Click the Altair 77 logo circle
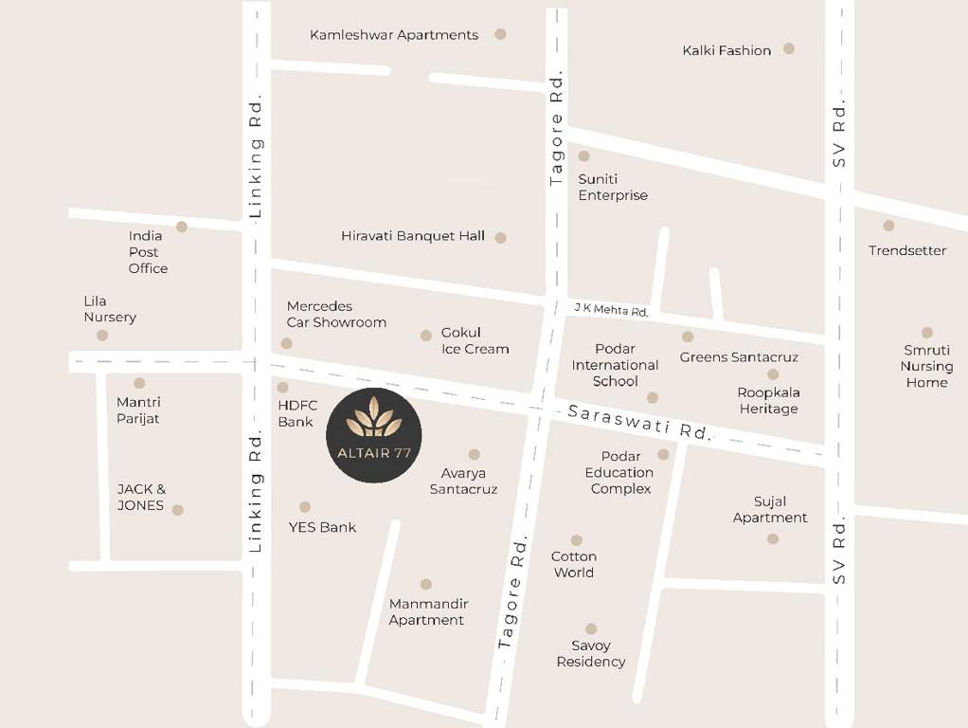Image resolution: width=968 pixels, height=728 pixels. (x=374, y=435)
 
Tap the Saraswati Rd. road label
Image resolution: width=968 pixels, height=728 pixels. (x=639, y=421)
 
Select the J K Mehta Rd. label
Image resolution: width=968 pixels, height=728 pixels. (x=611, y=310)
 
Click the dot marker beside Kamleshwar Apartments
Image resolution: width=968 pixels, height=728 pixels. (x=500, y=34)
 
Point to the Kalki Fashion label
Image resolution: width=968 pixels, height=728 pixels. (x=726, y=50)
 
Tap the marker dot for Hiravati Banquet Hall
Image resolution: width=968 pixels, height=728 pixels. (x=500, y=237)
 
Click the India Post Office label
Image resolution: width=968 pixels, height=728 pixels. (x=148, y=252)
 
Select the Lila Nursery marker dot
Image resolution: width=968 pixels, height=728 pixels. (x=102, y=335)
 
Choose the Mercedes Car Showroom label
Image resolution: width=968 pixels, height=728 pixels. (x=336, y=315)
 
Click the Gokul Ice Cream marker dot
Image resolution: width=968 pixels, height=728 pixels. (x=426, y=335)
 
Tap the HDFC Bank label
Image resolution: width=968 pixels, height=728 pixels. (x=297, y=413)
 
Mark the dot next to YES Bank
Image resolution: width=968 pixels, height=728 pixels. (x=305, y=507)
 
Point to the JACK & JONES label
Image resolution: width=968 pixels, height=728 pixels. (x=141, y=498)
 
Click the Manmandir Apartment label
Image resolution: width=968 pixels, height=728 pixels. (x=428, y=612)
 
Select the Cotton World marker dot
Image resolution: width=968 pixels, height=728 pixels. (x=576, y=540)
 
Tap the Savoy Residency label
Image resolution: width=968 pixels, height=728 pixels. (x=591, y=654)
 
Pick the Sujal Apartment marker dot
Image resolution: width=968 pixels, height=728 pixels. (x=773, y=538)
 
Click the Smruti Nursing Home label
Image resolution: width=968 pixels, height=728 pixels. (x=926, y=366)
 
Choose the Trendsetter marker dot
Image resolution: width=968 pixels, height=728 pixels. (x=888, y=226)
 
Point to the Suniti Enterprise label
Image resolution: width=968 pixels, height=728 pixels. (x=613, y=188)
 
